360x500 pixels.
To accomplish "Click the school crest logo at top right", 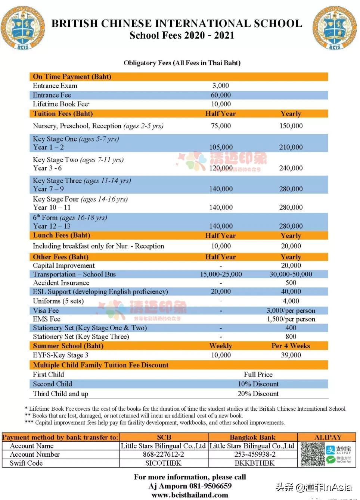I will click(335, 28).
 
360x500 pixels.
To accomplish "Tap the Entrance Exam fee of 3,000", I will click(220, 86).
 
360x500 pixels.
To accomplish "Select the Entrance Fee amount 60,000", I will click(220, 95).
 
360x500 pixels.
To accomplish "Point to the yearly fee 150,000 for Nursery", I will click(291, 126).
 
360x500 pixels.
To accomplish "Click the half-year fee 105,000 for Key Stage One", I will click(220, 147).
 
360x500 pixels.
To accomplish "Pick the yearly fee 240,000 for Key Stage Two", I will click(291, 168).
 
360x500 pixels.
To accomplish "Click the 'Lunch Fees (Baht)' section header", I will click(61, 235).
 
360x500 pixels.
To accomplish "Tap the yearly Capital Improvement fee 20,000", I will click(291, 265).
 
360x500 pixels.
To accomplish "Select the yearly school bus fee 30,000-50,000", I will click(291, 274).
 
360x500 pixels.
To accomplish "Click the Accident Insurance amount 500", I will click(291, 283).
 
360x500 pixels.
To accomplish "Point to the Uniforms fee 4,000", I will click(291, 301).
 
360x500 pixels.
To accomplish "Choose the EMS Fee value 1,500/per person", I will click(291, 319).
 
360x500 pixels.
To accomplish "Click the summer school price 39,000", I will click(291, 355).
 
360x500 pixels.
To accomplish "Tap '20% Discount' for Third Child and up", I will click(258, 394).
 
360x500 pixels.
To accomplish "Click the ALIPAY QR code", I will click(313, 454).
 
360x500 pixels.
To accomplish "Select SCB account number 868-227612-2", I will click(163, 454).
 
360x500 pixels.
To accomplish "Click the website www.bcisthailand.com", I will click(190, 495).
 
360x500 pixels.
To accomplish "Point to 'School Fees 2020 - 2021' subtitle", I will click(182, 35).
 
